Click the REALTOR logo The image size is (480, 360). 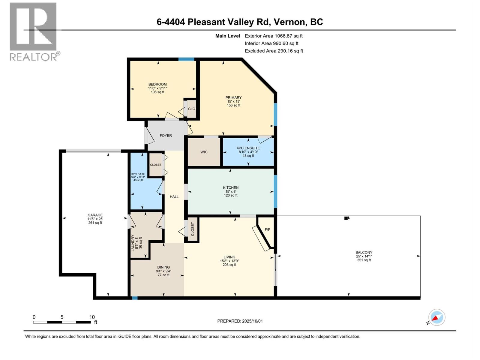[x=33, y=31]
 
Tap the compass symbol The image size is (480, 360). [x=436, y=317]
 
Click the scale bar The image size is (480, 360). [x=62, y=322]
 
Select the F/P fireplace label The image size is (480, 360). [x=267, y=229]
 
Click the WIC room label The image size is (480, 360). [x=204, y=152]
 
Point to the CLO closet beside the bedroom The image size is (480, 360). [x=191, y=109]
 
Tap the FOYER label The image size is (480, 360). [x=166, y=136]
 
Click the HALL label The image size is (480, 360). [x=174, y=197]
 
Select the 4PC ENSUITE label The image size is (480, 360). [x=248, y=148]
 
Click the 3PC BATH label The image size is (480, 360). [x=138, y=174]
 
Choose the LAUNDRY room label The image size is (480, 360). [x=133, y=243]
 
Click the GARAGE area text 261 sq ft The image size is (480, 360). [x=95, y=223]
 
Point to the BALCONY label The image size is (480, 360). [x=364, y=253]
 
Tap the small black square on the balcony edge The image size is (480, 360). [x=346, y=218]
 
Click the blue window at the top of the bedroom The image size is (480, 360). [x=186, y=59]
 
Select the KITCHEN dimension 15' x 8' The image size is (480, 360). [x=231, y=191]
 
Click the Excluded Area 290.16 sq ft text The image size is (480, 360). [x=274, y=51]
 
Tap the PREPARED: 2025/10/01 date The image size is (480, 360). [x=240, y=321]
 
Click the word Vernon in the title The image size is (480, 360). [x=288, y=22]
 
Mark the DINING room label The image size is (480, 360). [x=163, y=267]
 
